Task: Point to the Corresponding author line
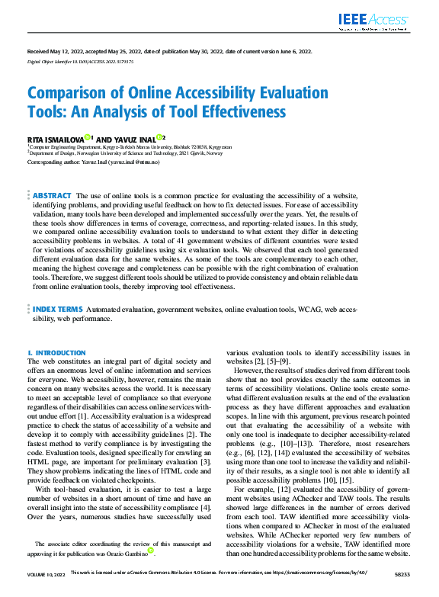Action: click(98, 162)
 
